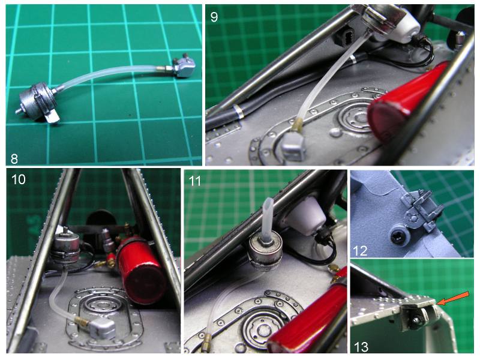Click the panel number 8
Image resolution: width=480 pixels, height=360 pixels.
(x=14, y=158)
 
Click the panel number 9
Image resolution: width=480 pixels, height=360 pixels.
(x=214, y=17)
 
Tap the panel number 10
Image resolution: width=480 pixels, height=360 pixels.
(x=18, y=179)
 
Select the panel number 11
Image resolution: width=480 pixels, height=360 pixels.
(x=194, y=181)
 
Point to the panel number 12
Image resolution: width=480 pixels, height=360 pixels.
(x=360, y=251)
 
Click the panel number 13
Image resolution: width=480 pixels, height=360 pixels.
(x=361, y=347)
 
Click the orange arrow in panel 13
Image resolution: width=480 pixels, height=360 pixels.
(x=452, y=298)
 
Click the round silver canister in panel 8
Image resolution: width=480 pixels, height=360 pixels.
(x=37, y=103)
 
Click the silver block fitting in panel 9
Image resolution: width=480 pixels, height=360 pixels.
(x=293, y=146)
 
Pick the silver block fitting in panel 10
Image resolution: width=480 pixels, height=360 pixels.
(x=101, y=328)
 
